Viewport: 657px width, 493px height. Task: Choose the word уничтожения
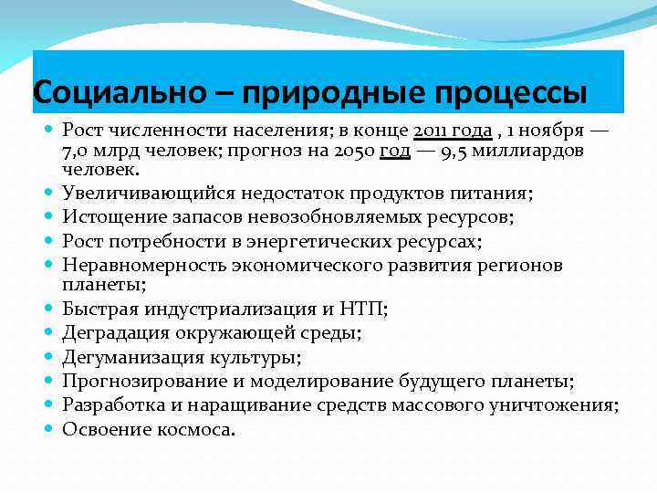563,404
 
